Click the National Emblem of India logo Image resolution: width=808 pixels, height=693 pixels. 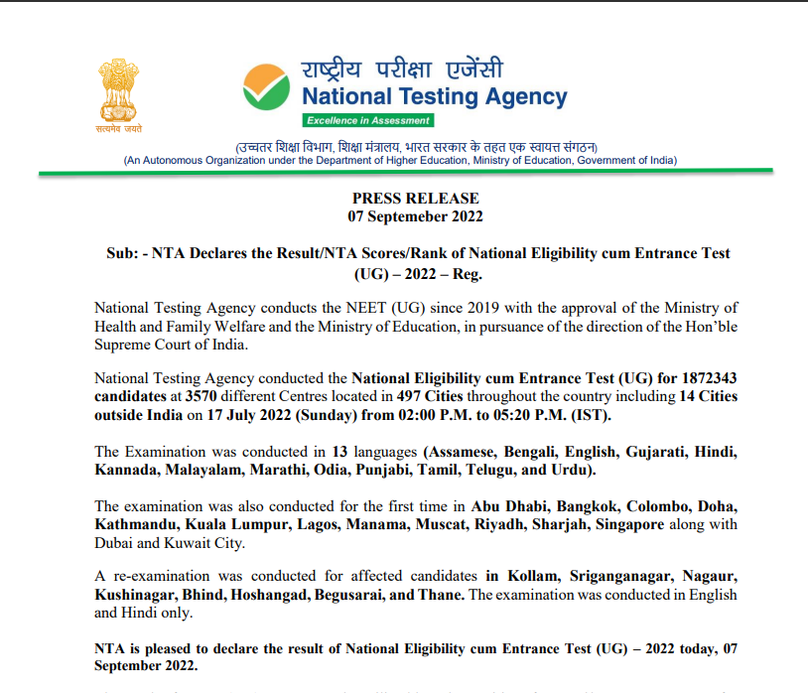[x=119, y=90]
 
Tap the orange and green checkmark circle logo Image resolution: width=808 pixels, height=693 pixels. [x=266, y=88]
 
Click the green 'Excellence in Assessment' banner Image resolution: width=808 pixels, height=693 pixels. [x=368, y=120]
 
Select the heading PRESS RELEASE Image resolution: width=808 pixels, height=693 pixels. [x=415, y=199]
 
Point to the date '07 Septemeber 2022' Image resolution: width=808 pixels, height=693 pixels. [x=415, y=215]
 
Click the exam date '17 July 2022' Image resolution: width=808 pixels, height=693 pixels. [x=231, y=415]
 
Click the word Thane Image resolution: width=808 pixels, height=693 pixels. [x=442, y=595]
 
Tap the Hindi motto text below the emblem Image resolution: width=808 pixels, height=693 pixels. [x=119, y=130]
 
